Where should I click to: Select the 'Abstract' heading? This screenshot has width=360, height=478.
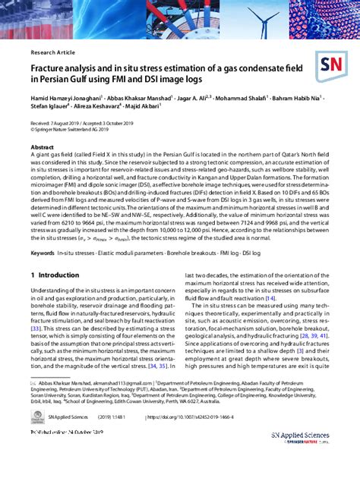[42, 147]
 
